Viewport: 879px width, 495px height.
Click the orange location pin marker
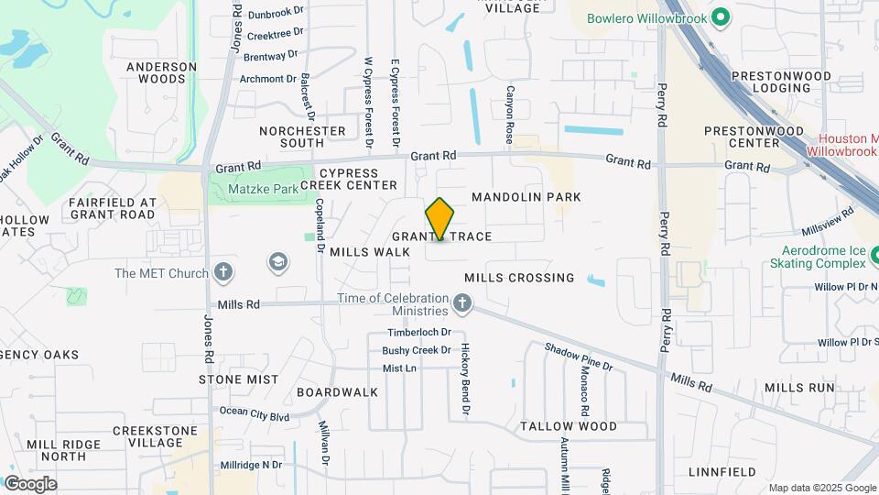[x=440, y=219]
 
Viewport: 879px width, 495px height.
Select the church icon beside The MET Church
[x=222, y=272]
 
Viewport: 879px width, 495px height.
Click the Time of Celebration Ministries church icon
[x=463, y=302]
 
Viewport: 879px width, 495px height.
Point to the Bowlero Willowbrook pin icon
[x=720, y=16]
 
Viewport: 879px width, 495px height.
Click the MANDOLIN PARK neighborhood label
[x=526, y=197]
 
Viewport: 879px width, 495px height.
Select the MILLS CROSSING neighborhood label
[x=519, y=278]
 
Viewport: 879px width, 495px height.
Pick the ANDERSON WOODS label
[x=162, y=72]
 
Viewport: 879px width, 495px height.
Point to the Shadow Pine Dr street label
[x=578, y=357]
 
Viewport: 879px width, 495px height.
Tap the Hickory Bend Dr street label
[x=465, y=380]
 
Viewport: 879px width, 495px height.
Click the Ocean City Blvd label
[x=255, y=414]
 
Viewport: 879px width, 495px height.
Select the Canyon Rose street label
[x=510, y=115]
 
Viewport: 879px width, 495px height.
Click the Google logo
[x=30, y=483]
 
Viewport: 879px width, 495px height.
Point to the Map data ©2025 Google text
[x=821, y=488]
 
